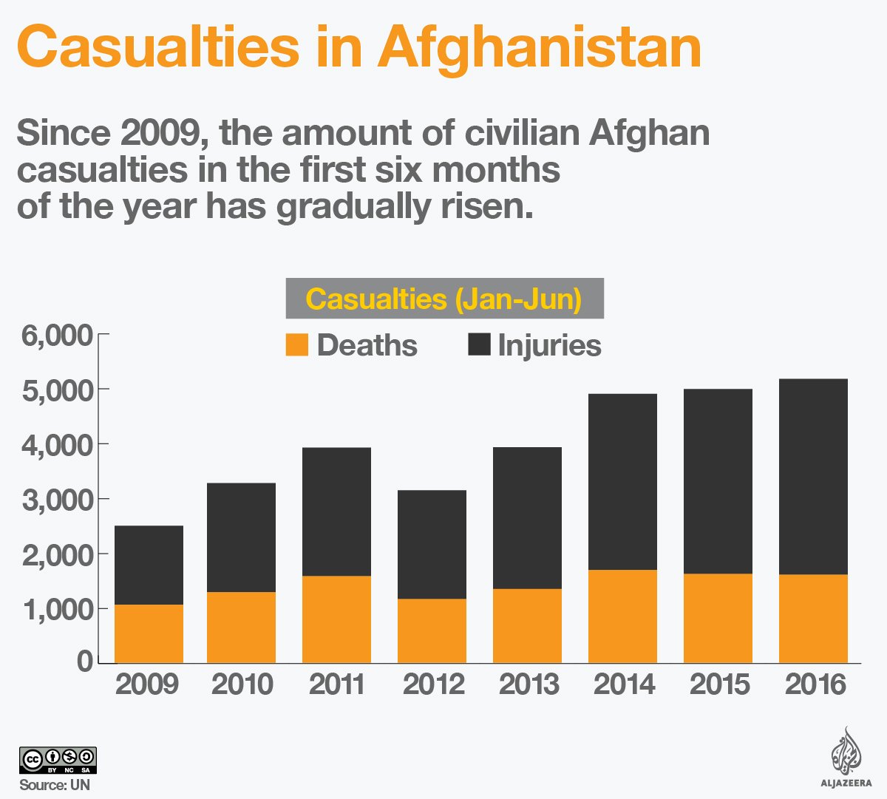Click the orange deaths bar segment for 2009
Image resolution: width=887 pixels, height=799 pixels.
click(149, 633)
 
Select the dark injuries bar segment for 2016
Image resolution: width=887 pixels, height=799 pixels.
click(813, 477)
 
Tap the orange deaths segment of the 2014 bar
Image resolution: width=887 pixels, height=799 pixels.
click(622, 616)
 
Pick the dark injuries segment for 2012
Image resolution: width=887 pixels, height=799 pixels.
click(432, 544)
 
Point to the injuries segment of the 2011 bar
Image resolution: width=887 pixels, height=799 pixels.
click(336, 511)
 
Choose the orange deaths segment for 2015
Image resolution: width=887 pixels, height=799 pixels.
click(718, 618)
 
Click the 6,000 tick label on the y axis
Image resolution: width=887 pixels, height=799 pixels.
click(58, 336)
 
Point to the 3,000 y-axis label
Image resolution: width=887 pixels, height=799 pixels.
click(58, 500)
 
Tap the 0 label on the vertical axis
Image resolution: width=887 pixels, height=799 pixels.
click(85, 661)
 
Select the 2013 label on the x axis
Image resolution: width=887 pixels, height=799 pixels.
click(529, 684)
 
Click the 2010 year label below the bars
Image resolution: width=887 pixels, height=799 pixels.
click(242, 684)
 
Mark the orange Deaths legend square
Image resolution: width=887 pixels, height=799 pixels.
click(297, 345)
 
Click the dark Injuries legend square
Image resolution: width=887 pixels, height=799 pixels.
click(480, 344)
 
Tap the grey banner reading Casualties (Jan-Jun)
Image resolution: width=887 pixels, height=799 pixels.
click(444, 299)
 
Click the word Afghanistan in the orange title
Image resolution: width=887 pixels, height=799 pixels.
click(540, 46)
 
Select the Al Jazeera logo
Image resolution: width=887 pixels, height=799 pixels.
click(846, 758)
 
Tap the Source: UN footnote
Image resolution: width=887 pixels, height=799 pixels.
click(55, 785)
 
